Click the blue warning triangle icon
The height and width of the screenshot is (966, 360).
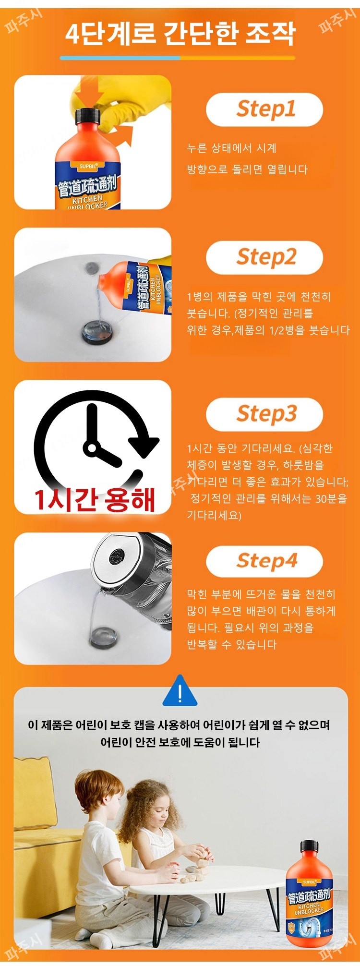pyautogui.click(x=180, y=692)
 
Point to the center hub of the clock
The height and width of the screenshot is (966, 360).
pyautogui.click(x=90, y=447)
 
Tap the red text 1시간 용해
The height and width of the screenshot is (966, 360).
pyautogui.click(x=94, y=499)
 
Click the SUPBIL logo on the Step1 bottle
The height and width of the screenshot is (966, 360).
pyautogui.click(x=88, y=167)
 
